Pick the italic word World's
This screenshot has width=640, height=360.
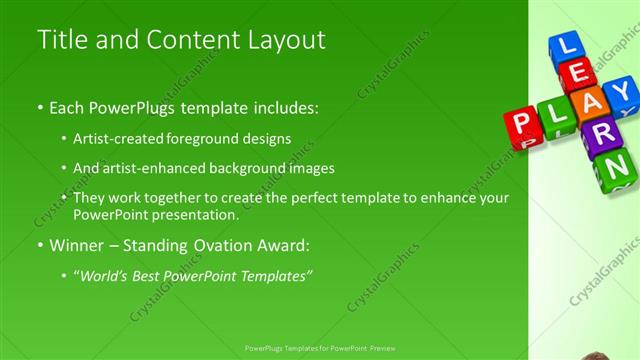(103, 273)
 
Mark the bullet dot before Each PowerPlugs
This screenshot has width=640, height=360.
(39, 106)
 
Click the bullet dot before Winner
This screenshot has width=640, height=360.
(39, 245)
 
